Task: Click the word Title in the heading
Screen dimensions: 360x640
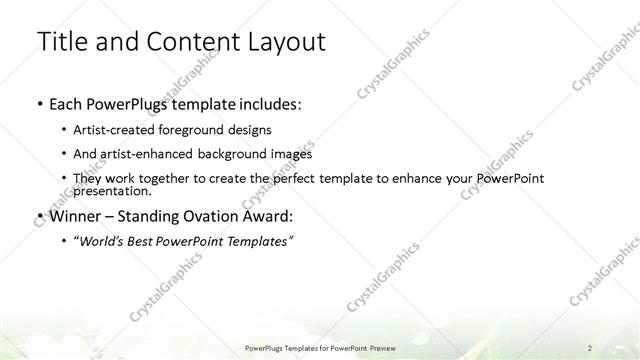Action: pyautogui.click(x=62, y=41)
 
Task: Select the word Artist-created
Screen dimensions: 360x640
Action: pyautogui.click(x=112, y=130)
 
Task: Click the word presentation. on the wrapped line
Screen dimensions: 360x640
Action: pyautogui.click(x=112, y=190)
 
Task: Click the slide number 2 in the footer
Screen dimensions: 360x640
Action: pyautogui.click(x=590, y=347)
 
